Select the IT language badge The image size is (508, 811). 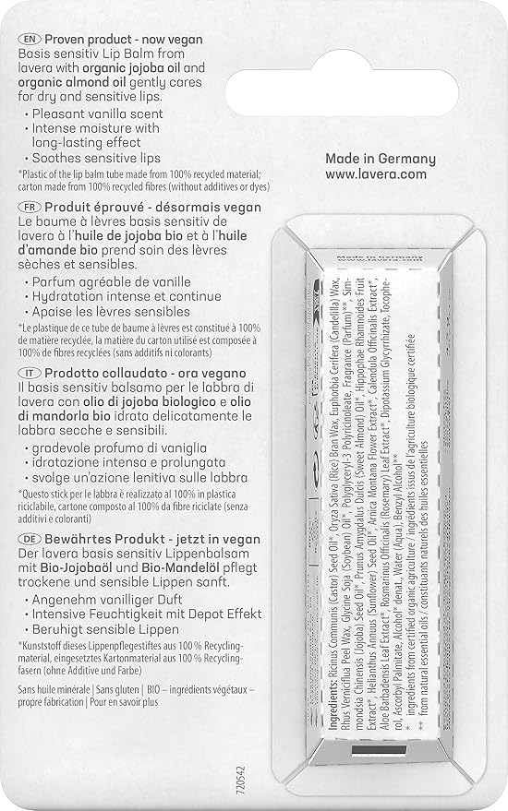pos(29,370)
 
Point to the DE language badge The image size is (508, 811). pos(29,538)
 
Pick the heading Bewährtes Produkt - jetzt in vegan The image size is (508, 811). pos(150,538)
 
